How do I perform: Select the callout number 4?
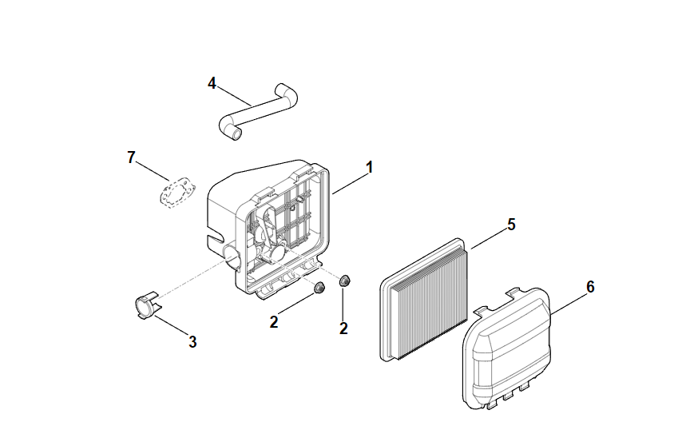tap(212, 82)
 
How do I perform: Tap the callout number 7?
tap(132, 157)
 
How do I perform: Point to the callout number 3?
tap(192, 341)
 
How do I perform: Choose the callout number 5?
tap(511, 224)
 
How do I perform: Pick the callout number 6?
tap(589, 287)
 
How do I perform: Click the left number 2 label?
tap(274, 322)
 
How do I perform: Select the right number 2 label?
tap(343, 328)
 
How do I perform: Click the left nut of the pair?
tap(318, 289)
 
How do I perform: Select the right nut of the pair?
tap(345, 281)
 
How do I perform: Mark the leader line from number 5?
tap(487, 237)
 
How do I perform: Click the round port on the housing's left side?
tap(232, 257)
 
